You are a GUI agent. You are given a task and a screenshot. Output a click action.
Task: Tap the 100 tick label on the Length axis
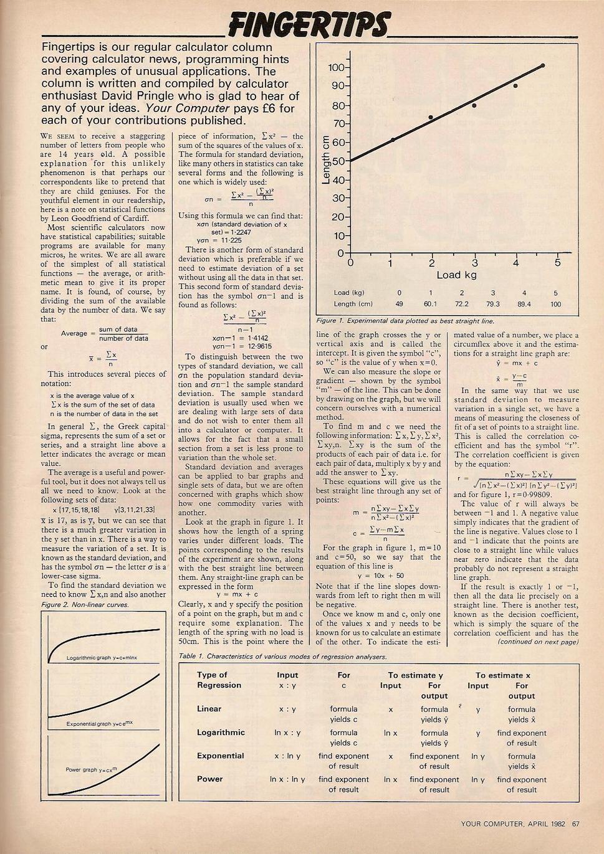click(336, 67)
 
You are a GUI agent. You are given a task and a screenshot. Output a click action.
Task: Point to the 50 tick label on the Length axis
click(337, 161)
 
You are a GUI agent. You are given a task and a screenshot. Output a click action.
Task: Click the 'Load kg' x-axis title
click(456, 275)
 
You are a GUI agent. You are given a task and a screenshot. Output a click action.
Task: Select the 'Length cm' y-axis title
click(325, 160)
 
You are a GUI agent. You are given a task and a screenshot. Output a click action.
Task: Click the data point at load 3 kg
click(474, 105)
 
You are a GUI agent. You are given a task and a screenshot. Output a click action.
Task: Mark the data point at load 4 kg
click(515, 85)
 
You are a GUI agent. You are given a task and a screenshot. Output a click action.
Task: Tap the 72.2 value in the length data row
click(462, 305)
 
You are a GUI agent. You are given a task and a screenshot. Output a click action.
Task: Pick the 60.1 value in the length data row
click(431, 305)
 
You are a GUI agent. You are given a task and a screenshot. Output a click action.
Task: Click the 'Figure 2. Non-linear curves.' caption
click(85, 605)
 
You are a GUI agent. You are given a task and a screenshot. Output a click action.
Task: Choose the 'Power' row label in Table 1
click(210, 779)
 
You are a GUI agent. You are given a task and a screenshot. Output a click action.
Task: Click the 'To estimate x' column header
click(502, 675)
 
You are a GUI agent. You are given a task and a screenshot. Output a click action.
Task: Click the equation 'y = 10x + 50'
click(381, 576)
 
